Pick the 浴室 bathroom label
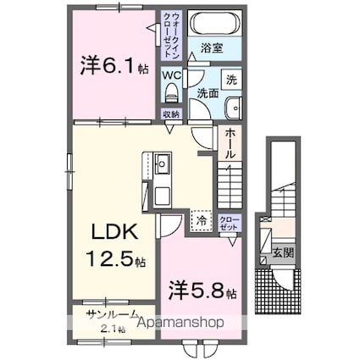click(x=213, y=49)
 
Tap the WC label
click(x=171, y=74)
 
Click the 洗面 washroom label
click(x=208, y=91)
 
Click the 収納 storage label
click(x=171, y=111)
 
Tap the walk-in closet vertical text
click(x=171, y=32)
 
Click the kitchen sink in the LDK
click(x=162, y=166)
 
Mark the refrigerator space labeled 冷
click(x=202, y=219)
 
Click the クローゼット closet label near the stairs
click(x=229, y=223)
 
